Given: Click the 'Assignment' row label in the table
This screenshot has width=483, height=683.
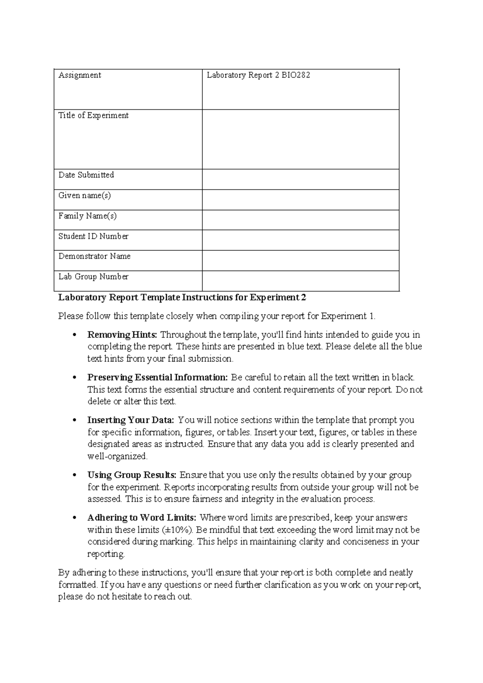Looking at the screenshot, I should pos(80,75).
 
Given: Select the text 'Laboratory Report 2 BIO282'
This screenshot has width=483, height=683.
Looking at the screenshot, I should pos(258,75).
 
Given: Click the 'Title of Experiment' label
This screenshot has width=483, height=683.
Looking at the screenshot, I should pos(93,116).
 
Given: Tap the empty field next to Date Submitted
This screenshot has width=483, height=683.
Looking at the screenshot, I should pos(300,179).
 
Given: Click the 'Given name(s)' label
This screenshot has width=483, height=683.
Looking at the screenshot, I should pos(85,196).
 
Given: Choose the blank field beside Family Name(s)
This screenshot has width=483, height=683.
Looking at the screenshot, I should pos(300,220).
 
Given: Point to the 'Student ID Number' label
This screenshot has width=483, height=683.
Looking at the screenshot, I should pos(93,236).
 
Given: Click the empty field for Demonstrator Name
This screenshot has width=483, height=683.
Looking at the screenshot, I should pos(300,261).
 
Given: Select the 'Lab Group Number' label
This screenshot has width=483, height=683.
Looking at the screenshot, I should pos(93,277).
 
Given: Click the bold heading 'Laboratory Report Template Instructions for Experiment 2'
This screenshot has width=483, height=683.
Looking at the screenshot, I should pos(182,298).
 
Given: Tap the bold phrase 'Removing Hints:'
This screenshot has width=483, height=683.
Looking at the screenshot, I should pos(123,335).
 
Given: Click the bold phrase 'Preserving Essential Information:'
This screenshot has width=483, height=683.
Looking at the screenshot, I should pos(157,377).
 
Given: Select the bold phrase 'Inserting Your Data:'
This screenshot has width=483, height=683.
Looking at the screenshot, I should pos(130,420).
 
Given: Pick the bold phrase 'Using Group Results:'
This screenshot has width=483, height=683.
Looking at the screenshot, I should pos(132,475).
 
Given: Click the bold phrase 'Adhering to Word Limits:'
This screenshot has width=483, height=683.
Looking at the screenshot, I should pos(142,518).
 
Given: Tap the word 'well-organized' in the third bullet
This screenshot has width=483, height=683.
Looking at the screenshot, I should pos(117,457).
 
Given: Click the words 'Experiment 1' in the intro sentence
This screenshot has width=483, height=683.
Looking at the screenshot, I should pos(347,316).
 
